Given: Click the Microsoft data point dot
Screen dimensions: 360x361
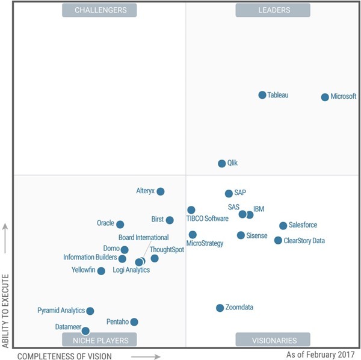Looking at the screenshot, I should [325, 97].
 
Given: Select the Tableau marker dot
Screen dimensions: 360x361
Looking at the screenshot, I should [262, 95].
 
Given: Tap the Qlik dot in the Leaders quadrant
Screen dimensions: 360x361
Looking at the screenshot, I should [221, 163].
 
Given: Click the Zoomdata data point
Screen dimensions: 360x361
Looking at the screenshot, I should [220, 308].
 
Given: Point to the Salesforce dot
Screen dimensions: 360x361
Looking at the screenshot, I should [283, 226].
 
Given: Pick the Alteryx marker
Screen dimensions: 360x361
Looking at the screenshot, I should [161, 191].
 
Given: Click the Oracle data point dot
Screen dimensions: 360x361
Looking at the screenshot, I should [120, 225].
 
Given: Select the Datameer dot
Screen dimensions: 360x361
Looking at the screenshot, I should [85, 331].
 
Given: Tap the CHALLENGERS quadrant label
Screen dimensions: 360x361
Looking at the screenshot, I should [100, 10].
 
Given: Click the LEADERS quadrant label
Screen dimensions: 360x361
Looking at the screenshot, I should [273, 10].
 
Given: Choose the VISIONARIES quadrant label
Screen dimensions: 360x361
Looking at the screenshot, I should [273, 340].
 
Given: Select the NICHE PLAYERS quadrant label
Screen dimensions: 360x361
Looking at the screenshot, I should [100, 340].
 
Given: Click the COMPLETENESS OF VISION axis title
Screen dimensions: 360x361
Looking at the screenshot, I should [64, 356].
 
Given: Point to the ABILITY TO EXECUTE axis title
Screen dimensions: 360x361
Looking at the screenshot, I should [6, 311].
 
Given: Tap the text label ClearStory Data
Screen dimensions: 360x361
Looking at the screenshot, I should [304, 241].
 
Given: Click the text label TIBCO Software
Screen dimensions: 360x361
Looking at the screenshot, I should [208, 219].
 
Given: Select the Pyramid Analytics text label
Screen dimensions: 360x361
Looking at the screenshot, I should [61, 311].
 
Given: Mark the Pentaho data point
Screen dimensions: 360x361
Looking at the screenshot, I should [134, 322].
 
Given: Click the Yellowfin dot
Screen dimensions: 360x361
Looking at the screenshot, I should [101, 271].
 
